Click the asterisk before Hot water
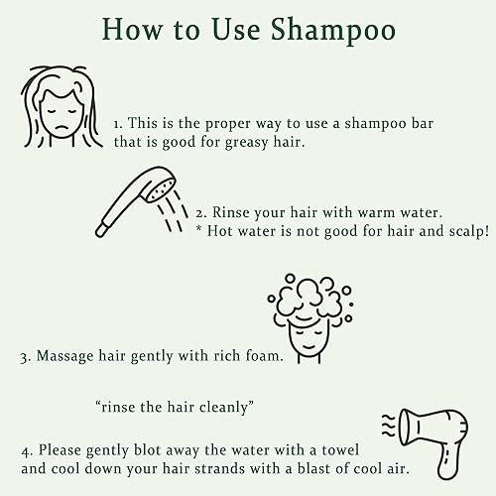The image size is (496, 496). click(x=199, y=231)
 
